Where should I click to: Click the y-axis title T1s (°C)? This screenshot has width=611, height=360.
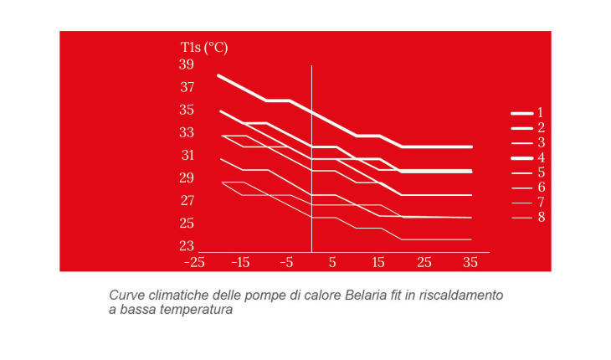click(x=204, y=46)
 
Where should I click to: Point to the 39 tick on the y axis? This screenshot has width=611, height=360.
click(x=186, y=64)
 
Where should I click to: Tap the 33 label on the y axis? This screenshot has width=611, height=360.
click(x=186, y=132)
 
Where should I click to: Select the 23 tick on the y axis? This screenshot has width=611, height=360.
click(x=186, y=246)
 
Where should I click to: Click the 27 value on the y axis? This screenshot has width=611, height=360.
click(x=186, y=201)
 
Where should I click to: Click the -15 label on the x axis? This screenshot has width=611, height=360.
click(x=240, y=263)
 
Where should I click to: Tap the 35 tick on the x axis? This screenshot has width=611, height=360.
click(x=470, y=263)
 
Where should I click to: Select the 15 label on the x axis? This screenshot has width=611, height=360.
click(x=378, y=263)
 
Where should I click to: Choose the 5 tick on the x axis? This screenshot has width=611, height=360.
click(x=332, y=263)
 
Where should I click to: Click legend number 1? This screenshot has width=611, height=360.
click(x=541, y=112)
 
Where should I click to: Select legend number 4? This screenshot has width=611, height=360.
click(x=541, y=157)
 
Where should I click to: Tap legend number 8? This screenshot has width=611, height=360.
click(x=541, y=218)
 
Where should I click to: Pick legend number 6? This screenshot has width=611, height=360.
click(x=541, y=188)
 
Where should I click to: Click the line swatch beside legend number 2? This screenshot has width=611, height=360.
click(x=521, y=128)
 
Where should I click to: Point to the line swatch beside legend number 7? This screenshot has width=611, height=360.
click(x=521, y=203)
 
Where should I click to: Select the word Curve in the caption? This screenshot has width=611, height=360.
click(x=126, y=296)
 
